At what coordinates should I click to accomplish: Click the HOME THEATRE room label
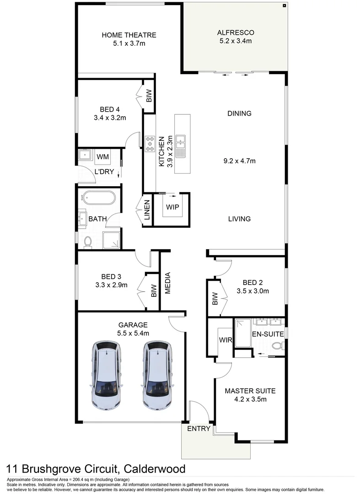129,35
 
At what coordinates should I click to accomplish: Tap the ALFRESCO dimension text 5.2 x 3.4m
235,41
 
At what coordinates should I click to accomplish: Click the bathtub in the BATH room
98,199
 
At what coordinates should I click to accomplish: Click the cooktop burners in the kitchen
150,144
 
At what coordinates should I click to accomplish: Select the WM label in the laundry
102,157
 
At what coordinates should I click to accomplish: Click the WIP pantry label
172,207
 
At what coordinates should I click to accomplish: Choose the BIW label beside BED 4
149,96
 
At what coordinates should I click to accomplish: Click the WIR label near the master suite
225,340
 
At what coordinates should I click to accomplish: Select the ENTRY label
199,429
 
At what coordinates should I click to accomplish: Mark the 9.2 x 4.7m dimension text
239,161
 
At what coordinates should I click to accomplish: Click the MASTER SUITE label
250,391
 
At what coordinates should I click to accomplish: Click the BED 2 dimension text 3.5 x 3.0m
253,291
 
